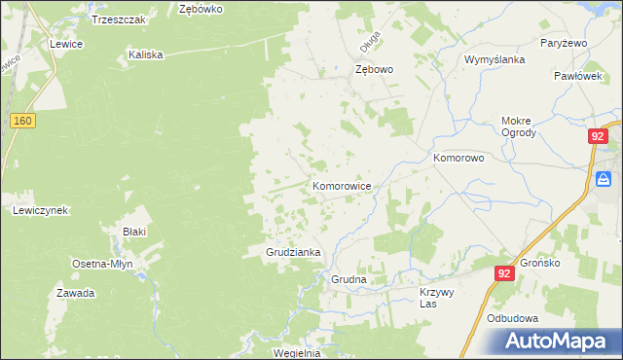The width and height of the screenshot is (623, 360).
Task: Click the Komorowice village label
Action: pos(341,185)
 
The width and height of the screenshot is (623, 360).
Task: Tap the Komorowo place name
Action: pos(458,157)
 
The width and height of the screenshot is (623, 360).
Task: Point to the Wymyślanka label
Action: pos(495,59)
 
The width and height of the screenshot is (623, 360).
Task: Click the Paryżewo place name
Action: pos(562,44)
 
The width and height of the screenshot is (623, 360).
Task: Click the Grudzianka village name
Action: pos(294,252)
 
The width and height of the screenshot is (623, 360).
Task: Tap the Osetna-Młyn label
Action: pos(104,264)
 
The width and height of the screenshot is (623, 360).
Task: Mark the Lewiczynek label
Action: pos(39,210)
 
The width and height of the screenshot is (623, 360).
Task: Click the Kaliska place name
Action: pos(145,55)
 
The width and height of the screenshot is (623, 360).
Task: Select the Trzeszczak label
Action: pos(118,19)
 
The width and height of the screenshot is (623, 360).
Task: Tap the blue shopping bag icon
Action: pos(605,179)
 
